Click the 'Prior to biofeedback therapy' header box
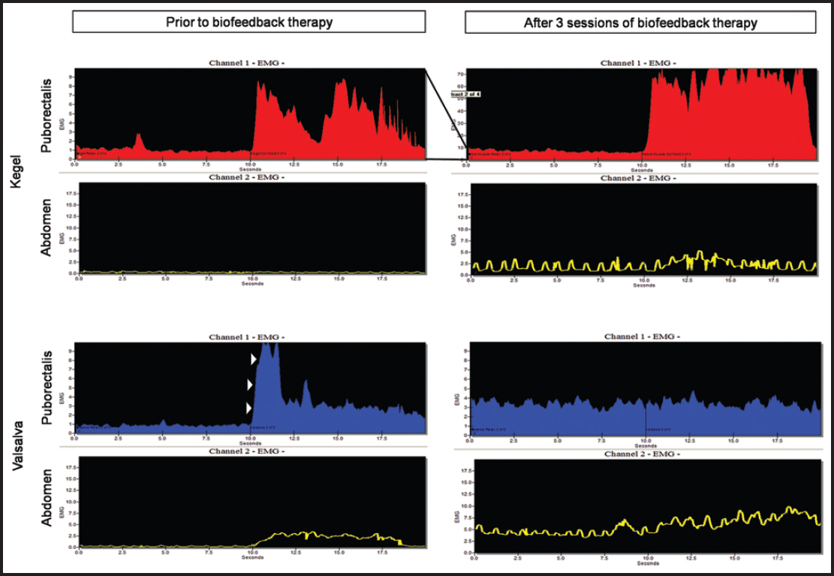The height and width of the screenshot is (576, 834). [249, 22]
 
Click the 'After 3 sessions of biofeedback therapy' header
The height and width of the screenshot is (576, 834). [640, 23]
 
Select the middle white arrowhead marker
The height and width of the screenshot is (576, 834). [250, 385]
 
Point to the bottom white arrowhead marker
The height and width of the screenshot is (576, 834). [250, 409]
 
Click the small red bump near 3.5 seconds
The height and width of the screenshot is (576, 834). [138, 139]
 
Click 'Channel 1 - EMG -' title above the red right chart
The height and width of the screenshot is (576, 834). [638, 63]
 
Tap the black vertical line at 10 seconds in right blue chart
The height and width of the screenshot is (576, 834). [646, 421]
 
